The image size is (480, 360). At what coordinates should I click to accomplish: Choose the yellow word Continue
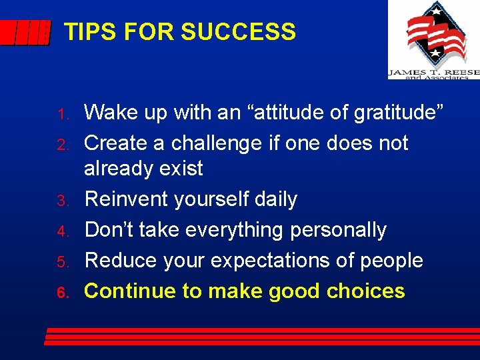point(129,291)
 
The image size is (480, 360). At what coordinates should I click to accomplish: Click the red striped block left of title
point(25,33)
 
